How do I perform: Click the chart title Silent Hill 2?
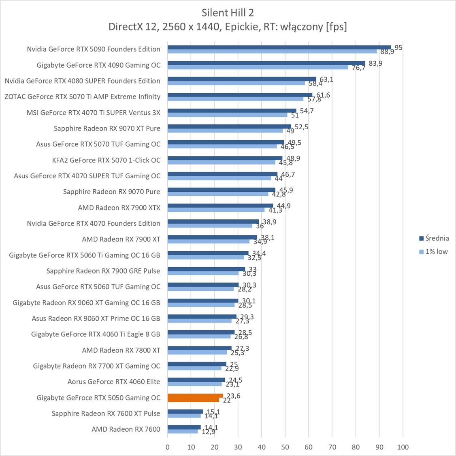tap(228, 13)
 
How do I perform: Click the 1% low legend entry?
tap(436, 251)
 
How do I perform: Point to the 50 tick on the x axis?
tap(285, 447)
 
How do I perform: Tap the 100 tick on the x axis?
tap(403, 447)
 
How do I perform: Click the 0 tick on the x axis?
tap(168, 447)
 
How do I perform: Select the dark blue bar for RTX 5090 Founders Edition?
tap(279, 47)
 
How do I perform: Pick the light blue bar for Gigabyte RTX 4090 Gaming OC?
tap(258, 67)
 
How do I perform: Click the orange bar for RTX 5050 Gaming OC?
tap(195, 396)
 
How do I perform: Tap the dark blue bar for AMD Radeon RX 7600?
tap(184, 427)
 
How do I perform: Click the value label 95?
tap(398, 48)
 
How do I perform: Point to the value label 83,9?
tap(375, 63)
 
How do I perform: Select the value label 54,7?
tap(307, 111)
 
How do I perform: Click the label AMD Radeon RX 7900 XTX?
tap(119, 208)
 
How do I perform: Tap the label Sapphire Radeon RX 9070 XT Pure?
tap(107, 128)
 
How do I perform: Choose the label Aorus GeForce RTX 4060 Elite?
tap(114, 381)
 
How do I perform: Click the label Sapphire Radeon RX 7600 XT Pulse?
tap(106, 413)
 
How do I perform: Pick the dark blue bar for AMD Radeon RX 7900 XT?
tap(212, 237)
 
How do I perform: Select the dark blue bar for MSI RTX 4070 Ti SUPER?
tap(232, 111)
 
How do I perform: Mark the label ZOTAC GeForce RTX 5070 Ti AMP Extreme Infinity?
tap(83, 96)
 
